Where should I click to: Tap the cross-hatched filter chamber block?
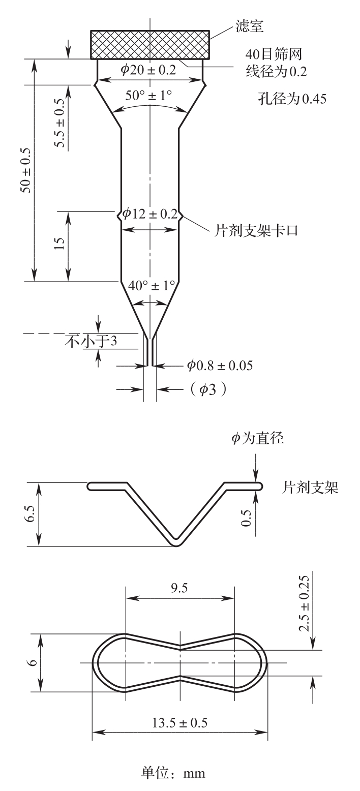point(149,45)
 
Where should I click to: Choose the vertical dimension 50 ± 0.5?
point(26,171)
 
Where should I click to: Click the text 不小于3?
point(91,341)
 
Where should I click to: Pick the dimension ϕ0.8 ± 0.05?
point(219,365)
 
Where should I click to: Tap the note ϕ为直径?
point(257,439)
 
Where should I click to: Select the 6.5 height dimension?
point(32,514)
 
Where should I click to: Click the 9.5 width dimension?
point(179,588)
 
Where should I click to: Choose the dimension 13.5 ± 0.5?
point(179,723)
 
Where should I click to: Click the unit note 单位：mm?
point(173,773)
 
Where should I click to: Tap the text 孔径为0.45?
point(291,99)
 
